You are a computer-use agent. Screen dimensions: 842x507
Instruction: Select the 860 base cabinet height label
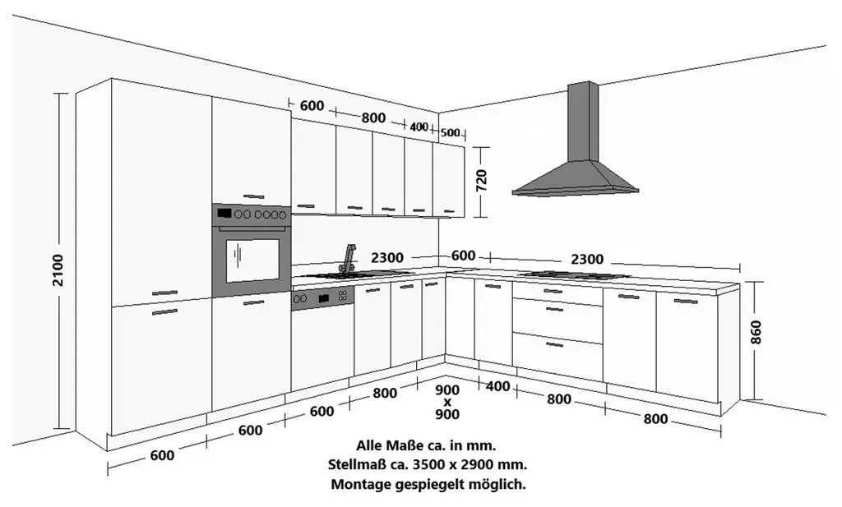pyautogui.click(x=756, y=333)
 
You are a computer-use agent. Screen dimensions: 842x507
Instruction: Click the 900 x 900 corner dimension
pyautogui.click(x=447, y=402)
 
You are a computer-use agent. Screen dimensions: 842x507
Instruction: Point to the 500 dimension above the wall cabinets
pyautogui.click(x=450, y=132)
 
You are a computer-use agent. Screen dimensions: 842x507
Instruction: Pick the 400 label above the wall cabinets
pyautogui.click(x=419, y=127)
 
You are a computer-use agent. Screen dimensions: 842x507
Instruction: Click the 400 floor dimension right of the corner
pyautogui.click(x=497, y=385)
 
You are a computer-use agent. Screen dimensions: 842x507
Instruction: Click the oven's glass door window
pyautogui.click(x=252, y=260)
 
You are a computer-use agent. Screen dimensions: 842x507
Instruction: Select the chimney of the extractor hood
pyautogui.click(x=583, y=122)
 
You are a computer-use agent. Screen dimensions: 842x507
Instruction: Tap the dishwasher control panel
pyautogui.click(x=322, y=298)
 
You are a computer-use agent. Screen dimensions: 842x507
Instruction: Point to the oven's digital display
pyautogui.click(x=224, y=214)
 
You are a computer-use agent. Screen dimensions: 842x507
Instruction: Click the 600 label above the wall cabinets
pyautogui.click(x=312, y=106)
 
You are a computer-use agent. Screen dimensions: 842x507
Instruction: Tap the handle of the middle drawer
pyautogui.click(x=554, y=309)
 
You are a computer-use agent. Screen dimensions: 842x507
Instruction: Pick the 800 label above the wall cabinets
pyautogui.click(x=373, y=118)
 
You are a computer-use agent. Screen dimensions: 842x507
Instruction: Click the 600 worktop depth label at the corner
pyautogui.click(x=463, y=256)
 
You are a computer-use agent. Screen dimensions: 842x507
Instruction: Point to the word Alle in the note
pyautogui.click(x=369, y=445)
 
